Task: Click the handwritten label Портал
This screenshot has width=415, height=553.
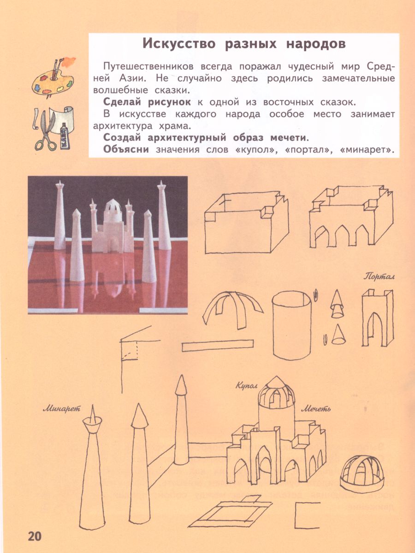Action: tap(378, 276)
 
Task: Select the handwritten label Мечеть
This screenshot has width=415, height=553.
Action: tap(316, 408)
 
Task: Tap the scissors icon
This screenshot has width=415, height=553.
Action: tap(44, 131)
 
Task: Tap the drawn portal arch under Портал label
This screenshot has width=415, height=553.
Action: tap(377, 320)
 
